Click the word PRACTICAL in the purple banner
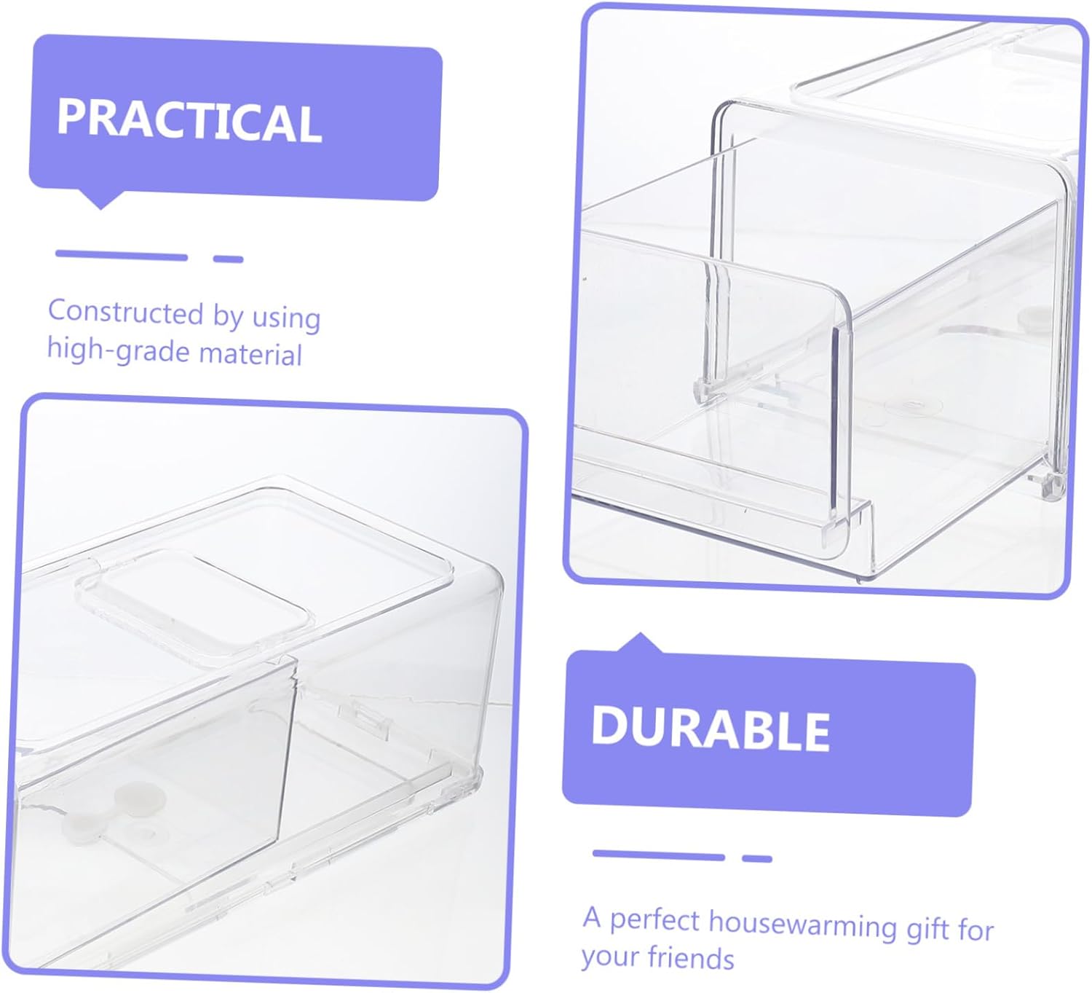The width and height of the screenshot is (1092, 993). tap(189, 119)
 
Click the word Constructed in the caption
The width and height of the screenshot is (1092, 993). tap(125, 312)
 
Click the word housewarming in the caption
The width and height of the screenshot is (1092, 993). tap(802, 924)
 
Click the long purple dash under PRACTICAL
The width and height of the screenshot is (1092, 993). tap(122, 255)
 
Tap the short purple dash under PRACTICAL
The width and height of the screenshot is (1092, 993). tap(228, 259)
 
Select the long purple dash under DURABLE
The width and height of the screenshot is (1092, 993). tap(658, 855)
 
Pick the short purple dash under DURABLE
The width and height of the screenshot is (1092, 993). tap(757, 858)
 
